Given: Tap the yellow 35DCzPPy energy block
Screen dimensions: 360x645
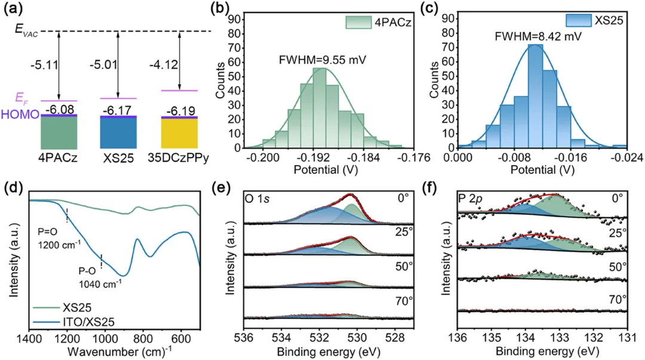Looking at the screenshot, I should pos(179,133).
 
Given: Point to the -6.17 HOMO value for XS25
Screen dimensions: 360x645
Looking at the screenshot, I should pos(118,110).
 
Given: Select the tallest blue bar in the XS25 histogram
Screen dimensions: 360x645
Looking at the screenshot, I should pos(535,96).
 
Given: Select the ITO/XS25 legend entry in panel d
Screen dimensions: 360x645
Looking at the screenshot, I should pos(67,324).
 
